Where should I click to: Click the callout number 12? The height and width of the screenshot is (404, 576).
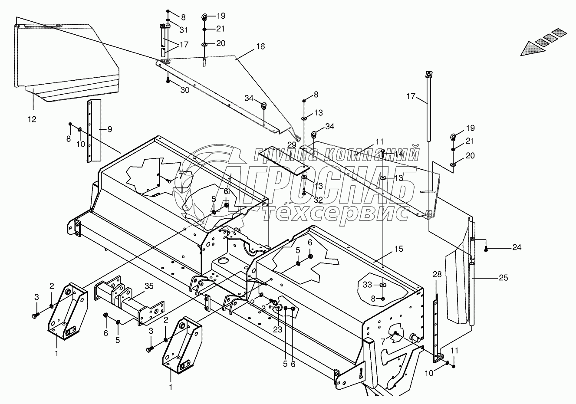tap(32, 119)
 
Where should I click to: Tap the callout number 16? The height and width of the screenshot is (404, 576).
tap(260, 46)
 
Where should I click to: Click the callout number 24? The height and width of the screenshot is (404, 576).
tap(516, 247)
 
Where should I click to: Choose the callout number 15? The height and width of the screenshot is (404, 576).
tap(398, 249)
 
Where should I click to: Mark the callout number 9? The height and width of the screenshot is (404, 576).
tap(109, 129)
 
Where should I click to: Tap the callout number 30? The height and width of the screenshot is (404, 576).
tap(185, 90)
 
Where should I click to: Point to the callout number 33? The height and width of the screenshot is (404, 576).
tap(367, 285)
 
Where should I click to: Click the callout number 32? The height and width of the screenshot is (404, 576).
tap(318, 200)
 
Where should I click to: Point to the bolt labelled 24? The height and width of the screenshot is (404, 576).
tap(487, 248)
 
